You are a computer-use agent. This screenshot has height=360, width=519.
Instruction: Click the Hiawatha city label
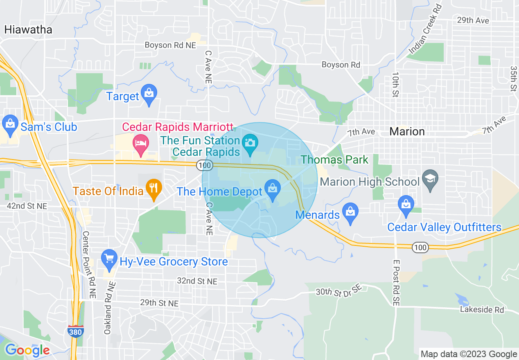28,29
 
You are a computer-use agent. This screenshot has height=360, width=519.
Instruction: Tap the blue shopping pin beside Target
149,94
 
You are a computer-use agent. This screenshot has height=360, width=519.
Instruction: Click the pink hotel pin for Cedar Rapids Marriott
141,145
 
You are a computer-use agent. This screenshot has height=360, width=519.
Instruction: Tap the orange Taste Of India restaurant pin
154,189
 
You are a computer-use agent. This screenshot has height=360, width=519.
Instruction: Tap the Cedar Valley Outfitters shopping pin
406,205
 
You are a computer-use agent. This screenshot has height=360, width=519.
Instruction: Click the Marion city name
407,131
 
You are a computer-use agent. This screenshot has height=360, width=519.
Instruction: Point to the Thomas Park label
335,160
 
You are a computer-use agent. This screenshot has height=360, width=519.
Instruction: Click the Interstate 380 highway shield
75,331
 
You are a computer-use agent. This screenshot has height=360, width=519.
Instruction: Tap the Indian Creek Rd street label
426,30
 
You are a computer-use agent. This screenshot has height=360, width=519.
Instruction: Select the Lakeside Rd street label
482,310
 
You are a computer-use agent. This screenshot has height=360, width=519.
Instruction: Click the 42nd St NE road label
27,206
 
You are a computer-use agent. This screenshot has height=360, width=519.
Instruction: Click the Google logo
27,350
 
